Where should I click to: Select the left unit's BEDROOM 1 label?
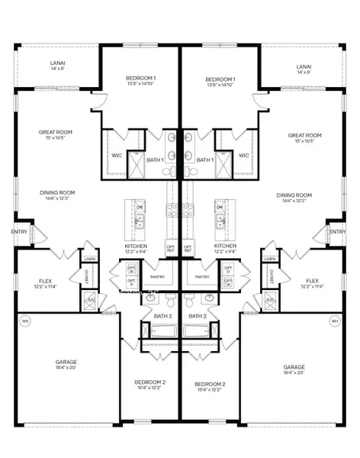click(140, 79)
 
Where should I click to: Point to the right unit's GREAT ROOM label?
click(304, 136)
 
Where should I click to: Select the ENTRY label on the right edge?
click(337, 232)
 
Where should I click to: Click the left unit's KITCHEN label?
click(136, 247)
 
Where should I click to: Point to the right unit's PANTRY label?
click(202, 276)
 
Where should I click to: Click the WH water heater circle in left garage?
click(25, 321)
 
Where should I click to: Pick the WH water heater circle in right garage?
click(334, 321)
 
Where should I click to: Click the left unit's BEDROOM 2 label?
click(153, 384)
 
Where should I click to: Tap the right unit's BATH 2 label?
click(198, 315)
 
